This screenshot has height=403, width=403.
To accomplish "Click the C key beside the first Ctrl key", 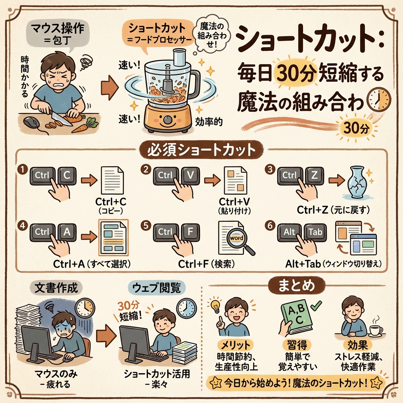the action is (67, 176).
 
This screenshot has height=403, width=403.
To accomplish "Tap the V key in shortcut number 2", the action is (190, 176).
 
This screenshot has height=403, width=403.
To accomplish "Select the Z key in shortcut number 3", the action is (314, 176).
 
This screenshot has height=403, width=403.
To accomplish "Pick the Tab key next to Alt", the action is (315, 232).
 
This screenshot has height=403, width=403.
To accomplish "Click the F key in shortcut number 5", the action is (190, 232).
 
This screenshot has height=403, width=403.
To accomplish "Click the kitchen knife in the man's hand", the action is (60, 118).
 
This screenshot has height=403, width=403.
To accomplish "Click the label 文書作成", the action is (56, 288).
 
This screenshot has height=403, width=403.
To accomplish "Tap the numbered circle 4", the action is (22, 226).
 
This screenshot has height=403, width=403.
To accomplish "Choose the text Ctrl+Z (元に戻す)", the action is (333, 210).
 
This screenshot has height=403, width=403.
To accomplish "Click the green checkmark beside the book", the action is (316, 305).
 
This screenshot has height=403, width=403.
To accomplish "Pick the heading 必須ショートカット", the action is (201, 150).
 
